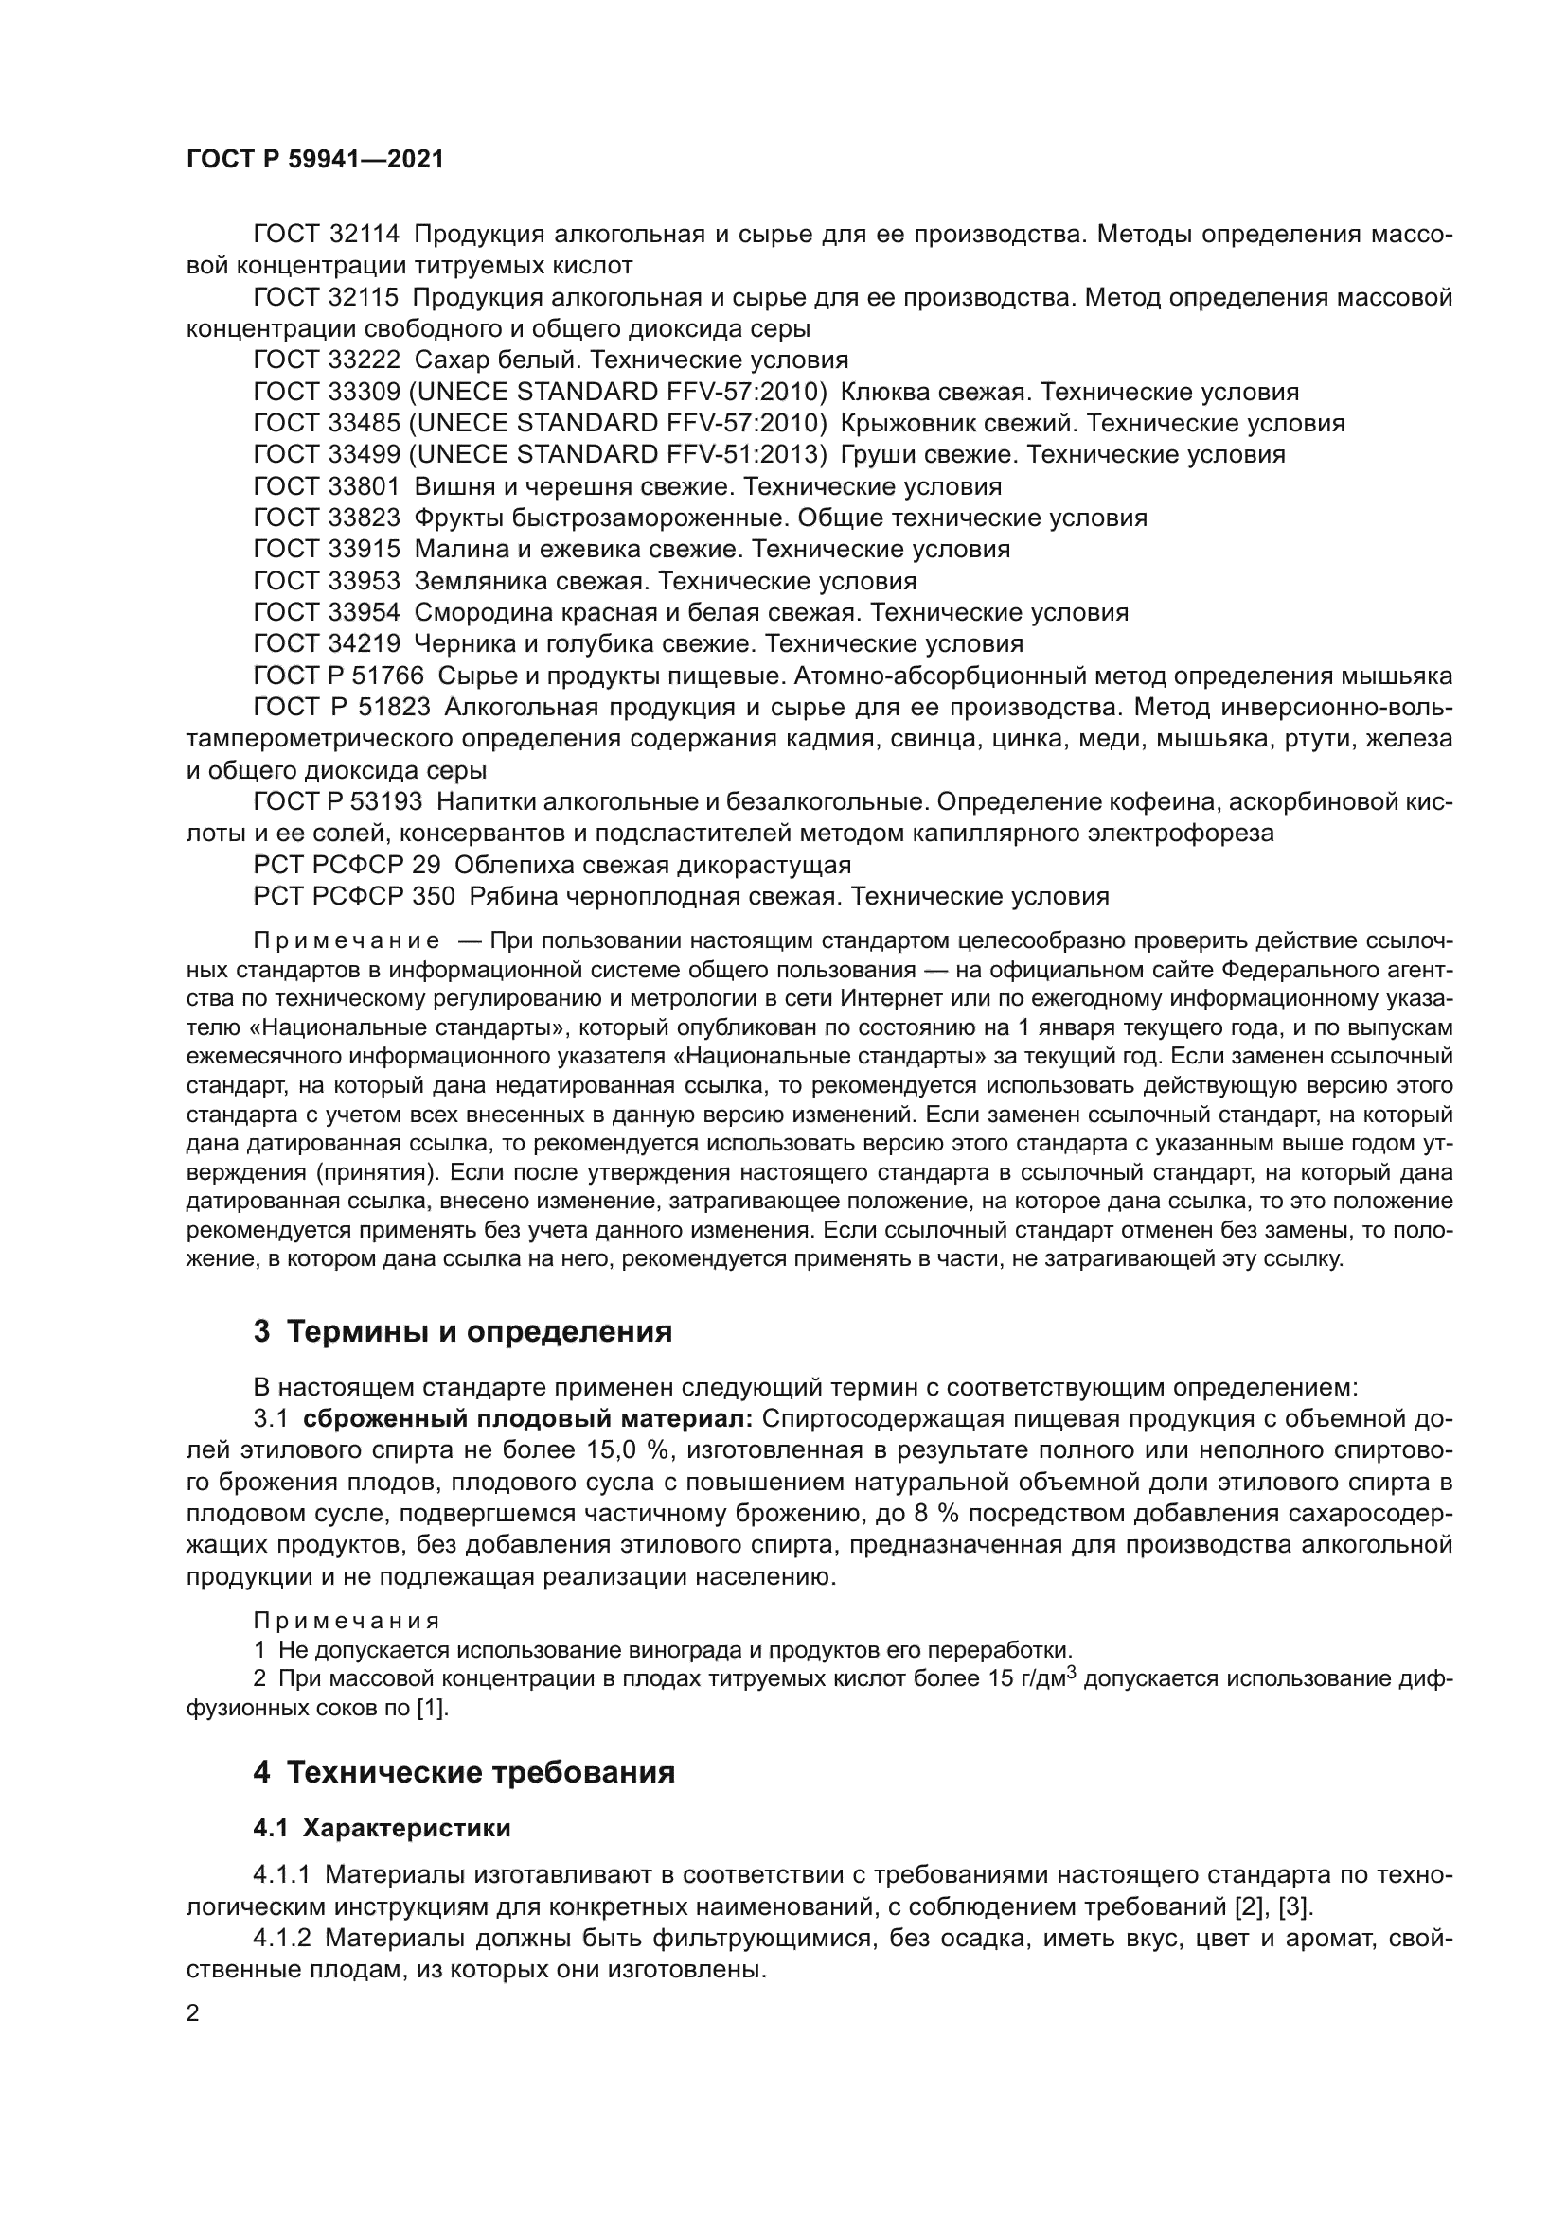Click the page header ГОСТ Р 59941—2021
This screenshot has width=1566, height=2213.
314,160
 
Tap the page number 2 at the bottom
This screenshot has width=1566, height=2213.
192,2013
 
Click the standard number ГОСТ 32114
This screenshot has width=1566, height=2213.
326,235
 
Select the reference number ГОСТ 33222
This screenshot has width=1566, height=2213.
326,360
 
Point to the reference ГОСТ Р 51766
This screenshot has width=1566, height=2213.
337,676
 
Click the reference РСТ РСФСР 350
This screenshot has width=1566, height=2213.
353,896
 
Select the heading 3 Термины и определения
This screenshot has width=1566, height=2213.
463,1332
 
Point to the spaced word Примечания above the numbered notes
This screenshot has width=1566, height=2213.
347,1620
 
